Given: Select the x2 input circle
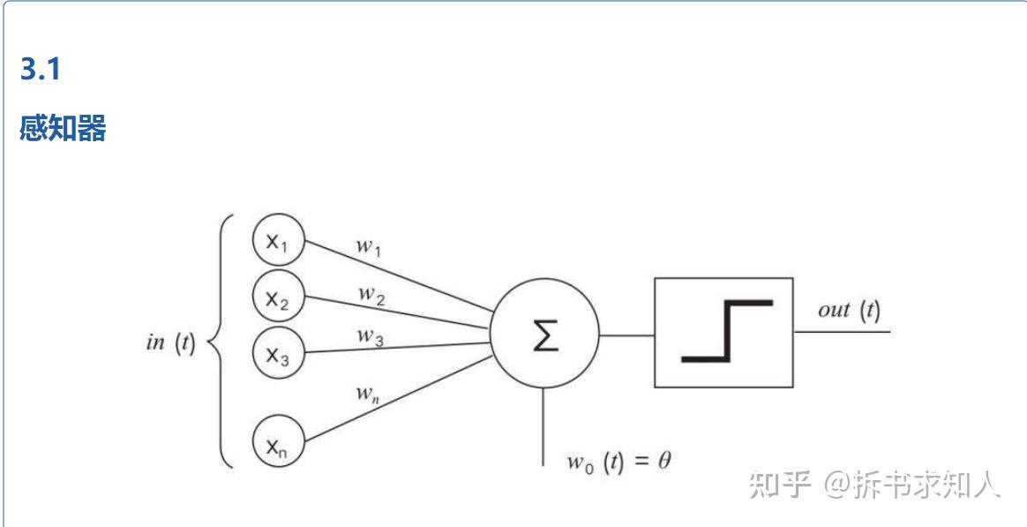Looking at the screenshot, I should [278, 297].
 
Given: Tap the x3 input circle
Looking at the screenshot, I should [278, 352].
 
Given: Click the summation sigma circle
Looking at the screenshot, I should [544, 336].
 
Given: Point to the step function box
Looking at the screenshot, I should [723, 333].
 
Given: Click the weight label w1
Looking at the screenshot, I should [369, 246].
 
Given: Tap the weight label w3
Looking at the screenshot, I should [370, 335].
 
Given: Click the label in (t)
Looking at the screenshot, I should [169, 343].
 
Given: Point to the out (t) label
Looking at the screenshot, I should [848, 310].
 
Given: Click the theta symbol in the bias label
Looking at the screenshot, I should [663, 460].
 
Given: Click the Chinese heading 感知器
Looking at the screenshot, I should [63, 129].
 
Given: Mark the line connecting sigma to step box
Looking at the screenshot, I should [626, 335].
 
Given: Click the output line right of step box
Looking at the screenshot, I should [843, 332].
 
